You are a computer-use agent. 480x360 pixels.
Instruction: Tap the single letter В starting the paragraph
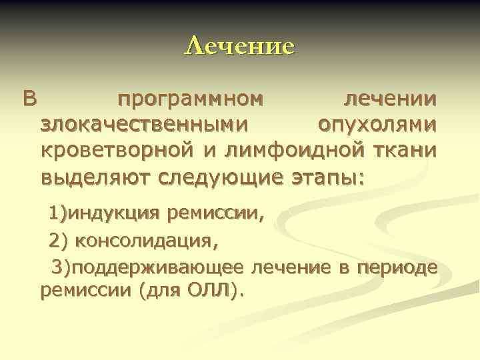point(30,100)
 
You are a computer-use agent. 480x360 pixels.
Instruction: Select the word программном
point(190,100)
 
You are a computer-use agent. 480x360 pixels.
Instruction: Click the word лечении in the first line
point(390,100)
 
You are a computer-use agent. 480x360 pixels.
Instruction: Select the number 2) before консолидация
point(59,239)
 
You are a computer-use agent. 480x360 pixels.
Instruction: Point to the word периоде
point(398,267)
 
